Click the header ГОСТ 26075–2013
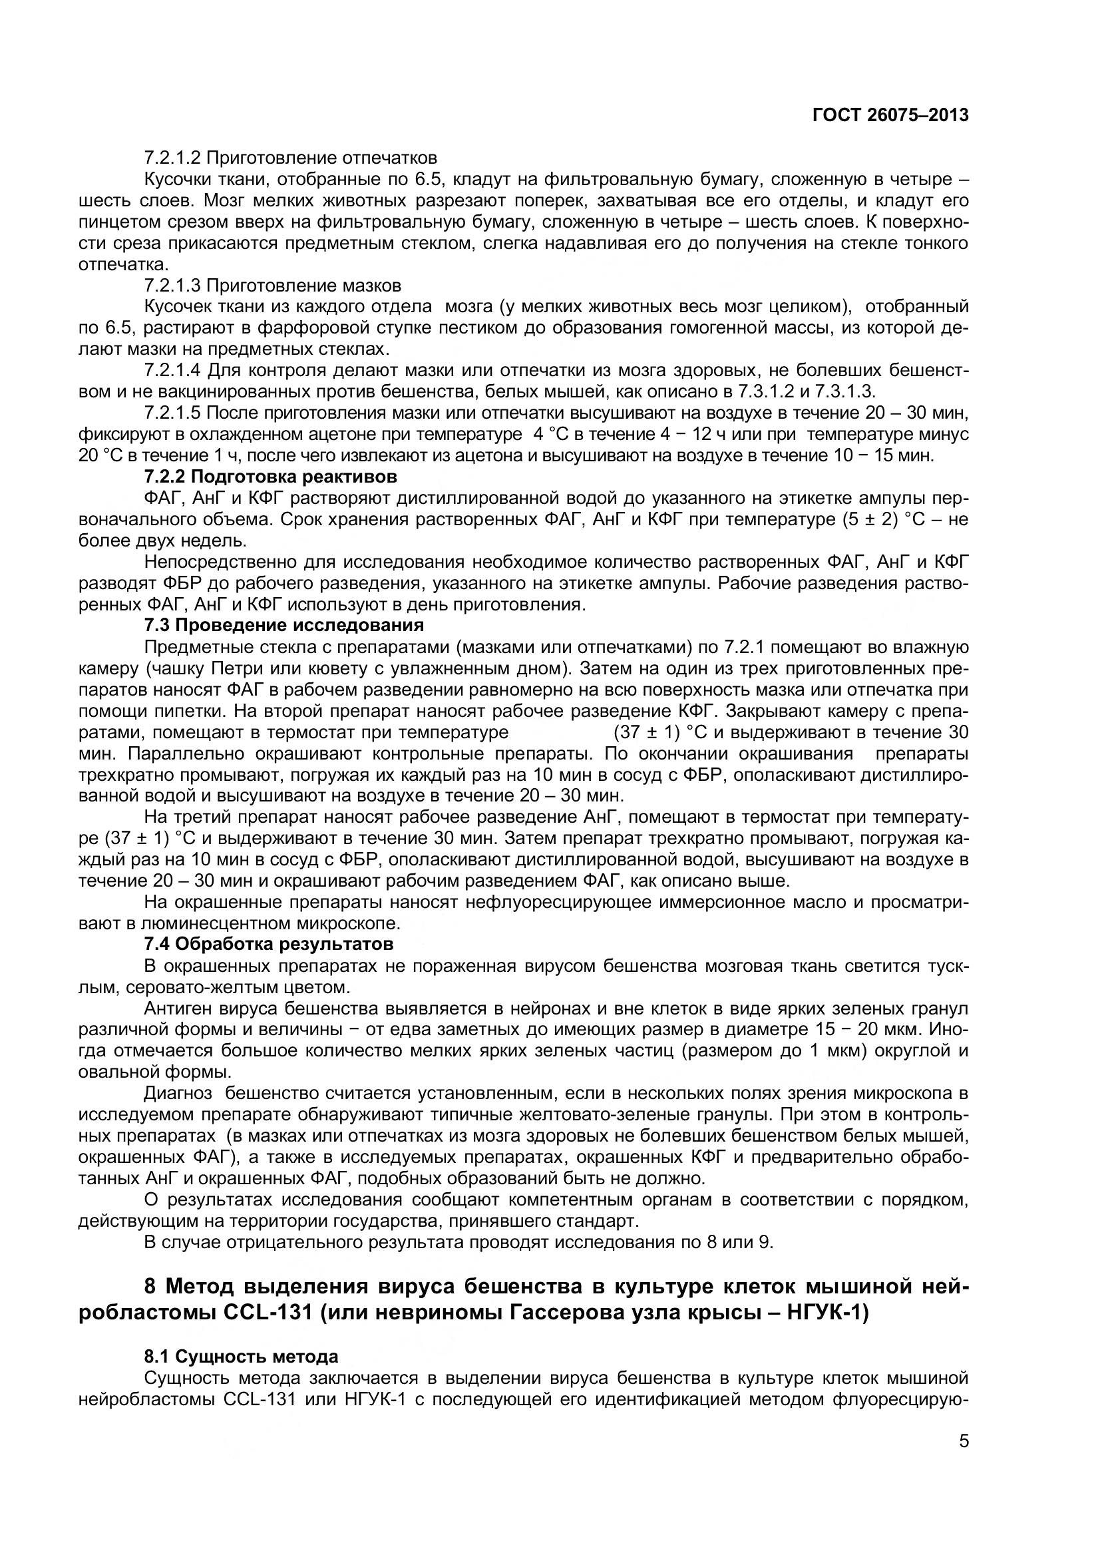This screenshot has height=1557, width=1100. [x=890, y=115]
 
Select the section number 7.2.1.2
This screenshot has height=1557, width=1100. [x=174, y=158]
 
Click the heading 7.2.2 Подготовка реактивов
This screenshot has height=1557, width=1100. [x=270, y=476]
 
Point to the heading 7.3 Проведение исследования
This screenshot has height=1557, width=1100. [x=284, y=624]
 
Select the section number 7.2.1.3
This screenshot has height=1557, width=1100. [x=174, y=285]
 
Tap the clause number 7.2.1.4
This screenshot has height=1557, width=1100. [x=174, y=370]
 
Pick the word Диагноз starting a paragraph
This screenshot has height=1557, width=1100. [x=178, y=1092]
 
